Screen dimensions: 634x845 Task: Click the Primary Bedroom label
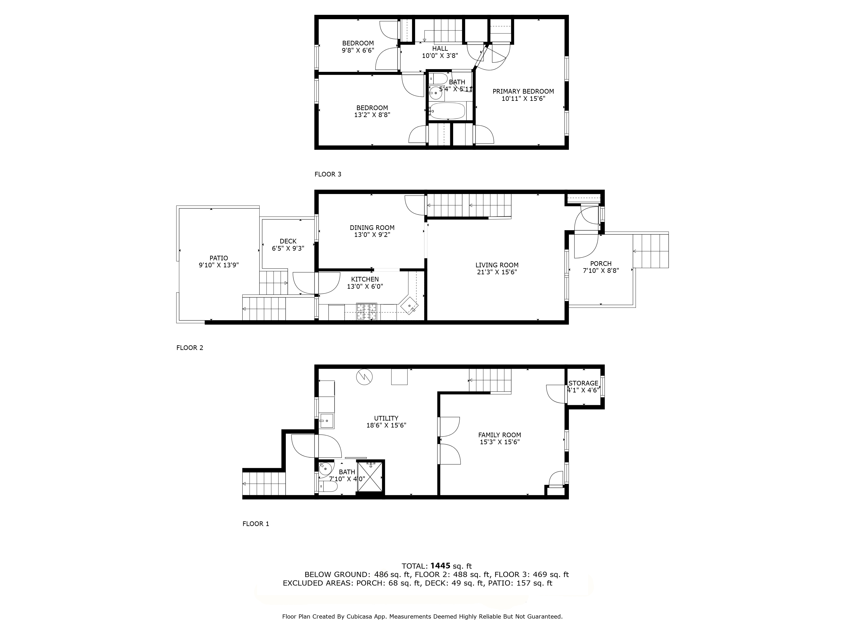point(523,91)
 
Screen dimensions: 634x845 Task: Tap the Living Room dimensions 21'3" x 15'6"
point(497,272)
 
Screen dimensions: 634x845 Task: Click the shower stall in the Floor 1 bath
point(370,478)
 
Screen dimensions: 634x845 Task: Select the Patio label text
point(218,258)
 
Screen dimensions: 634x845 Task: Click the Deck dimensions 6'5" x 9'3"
point(288,248)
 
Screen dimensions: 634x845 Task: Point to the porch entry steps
point(651,251)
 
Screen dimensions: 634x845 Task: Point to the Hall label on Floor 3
point(440,49)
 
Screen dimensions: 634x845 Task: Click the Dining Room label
point(372,228)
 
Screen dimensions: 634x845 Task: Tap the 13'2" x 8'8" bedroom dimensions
point(372,115)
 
